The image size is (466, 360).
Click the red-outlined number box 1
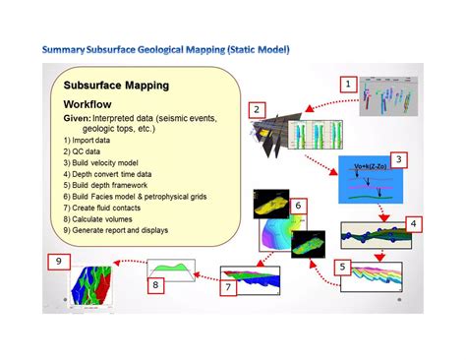pyautogui.click(x=347, y=85)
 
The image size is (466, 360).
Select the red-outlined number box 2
pyautogui.click(x=256, y=109)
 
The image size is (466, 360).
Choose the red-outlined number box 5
pyautogui.click(x=341, y=267)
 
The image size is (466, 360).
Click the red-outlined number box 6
pyautogui.click(x=299, y=207)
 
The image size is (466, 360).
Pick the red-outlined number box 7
pyautogui.click(x=226, y=287)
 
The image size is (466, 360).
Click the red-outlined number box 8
pyautogui.click(x=155, y=285)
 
